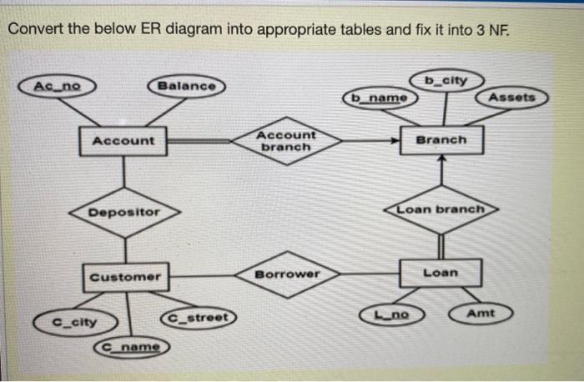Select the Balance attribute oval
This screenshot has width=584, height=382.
pyautogui.click(x=186, y=86)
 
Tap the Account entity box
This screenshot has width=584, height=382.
pyautogui.click(x=123, y=140)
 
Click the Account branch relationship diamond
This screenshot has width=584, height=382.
pyautogui.click(x=286, y=140)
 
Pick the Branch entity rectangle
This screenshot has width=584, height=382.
pyautogui.click(x=441, y=139)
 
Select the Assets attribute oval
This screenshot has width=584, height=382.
pyautogui.click(x=511, y=98)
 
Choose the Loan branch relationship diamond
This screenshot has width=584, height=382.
pyautogui.click(x=441, y=209)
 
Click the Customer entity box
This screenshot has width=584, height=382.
pyautogui.click(x=125, y=276)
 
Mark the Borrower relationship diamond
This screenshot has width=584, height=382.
pyautogui.click(x=286, y=274)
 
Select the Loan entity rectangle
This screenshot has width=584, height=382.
pyautogui.click(x=441, y=273)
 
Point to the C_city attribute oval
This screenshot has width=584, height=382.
pyautogui.click(x=74, y=321)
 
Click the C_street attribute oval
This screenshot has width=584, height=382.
pyautogui.click(x=199, y=317)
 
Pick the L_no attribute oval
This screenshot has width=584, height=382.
pyautogui.click(x=390, y=314)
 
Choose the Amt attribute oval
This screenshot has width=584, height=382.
pyautogui.click(x=481, y=314)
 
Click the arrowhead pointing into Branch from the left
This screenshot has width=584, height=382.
pyautogui.click(x=396, y=141)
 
